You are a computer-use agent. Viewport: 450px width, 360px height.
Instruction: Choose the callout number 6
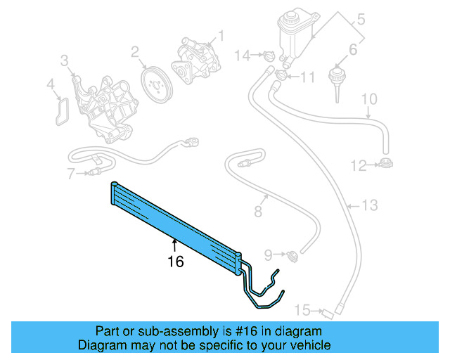click(x=352, y=51)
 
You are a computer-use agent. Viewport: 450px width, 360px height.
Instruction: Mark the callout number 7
click(x=71, y=173)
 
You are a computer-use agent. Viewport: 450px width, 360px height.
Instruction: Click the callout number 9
click(x=268, y=253)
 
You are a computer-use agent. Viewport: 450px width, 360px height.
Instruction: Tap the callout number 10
click(x=370, y=99)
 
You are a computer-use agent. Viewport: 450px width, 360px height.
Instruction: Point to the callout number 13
click(x=370, y=205)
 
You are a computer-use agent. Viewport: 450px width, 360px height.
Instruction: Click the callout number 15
click(x=302, y=310)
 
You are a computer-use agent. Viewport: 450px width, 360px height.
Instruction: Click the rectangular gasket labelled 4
click(x=61, y=109)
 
